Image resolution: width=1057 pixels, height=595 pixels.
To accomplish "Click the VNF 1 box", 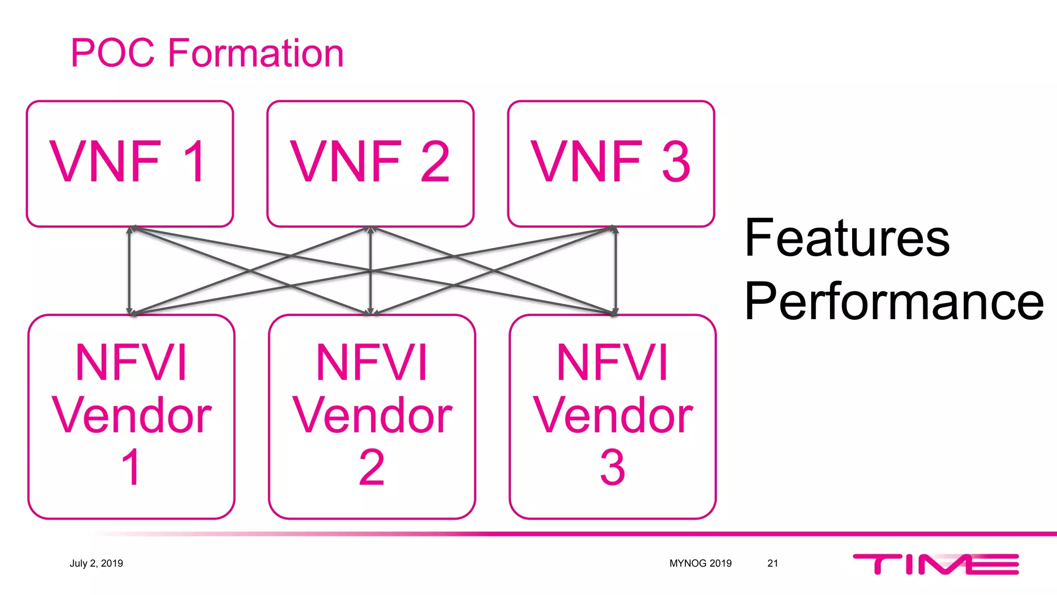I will (130, 163).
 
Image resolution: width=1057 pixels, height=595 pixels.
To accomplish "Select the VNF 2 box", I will (370, 163).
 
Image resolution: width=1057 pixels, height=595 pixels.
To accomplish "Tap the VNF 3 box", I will (611, 163).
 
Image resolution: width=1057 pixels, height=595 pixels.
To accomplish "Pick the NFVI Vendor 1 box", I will (131, 416).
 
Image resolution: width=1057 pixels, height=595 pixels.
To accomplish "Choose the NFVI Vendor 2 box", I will (372, 416).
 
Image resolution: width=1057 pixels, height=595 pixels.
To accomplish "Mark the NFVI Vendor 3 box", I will (613, 416).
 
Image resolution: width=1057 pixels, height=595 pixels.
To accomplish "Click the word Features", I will (846, 238).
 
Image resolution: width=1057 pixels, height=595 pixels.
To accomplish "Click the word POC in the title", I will (113, 53).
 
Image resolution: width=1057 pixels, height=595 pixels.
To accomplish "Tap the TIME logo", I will (935, 563).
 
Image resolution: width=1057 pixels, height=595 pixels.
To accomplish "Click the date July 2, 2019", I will (97, 563).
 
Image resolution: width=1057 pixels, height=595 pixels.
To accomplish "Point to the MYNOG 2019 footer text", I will (700, 563).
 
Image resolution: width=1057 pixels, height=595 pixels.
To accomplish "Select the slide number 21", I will (773, 563).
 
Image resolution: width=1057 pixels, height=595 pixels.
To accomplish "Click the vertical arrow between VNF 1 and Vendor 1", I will (129, 270).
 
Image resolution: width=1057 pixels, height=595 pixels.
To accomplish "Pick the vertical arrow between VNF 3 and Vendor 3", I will (616, 270).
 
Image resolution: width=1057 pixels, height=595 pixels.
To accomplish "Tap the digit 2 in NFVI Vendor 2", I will (372, 467).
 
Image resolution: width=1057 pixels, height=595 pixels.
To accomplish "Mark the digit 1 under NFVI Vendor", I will (131, 467).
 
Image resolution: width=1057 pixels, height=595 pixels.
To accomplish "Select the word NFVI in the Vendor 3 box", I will (613, 363).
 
